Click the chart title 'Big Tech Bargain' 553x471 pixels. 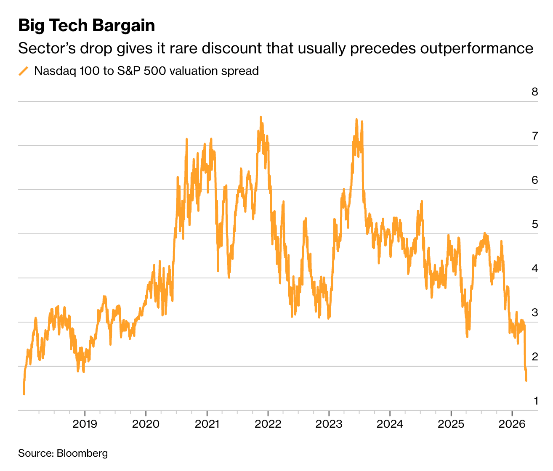(86, 26)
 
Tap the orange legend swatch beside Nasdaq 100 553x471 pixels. (24, 71)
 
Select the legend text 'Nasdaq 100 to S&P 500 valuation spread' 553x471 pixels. (146, 71)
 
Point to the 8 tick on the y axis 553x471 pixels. (534, 92)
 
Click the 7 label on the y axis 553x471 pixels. (534, 136)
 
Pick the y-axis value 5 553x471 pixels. (534, 224)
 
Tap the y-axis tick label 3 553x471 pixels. (534, 312)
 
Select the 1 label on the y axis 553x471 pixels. (535, 401)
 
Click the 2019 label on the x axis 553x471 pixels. (85, 423)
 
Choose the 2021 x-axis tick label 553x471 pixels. (207, 423)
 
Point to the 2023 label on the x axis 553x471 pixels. (329, 423)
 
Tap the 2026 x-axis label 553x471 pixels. (511, 423)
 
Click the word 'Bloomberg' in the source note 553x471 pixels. (82, 453)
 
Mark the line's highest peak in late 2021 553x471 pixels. (261, 117)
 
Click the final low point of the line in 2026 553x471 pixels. (526, 381)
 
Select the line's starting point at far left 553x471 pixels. (24, 394)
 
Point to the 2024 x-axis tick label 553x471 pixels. (390, 423)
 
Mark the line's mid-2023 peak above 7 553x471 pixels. (356, 119)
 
